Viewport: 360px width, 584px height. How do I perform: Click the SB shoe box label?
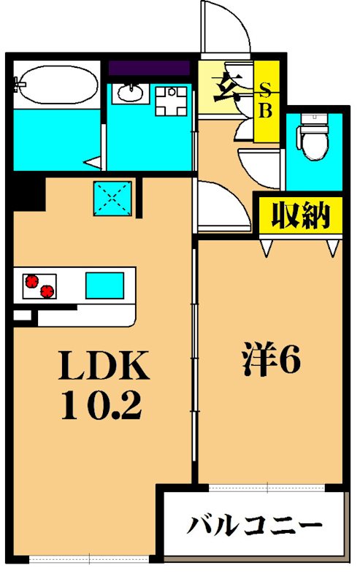tap(267, 101)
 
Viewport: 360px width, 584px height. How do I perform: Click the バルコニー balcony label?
tap(255, 526)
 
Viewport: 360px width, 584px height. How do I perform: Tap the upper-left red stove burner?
tap(31, 280)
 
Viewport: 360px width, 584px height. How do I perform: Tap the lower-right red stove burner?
tap(47, 291)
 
